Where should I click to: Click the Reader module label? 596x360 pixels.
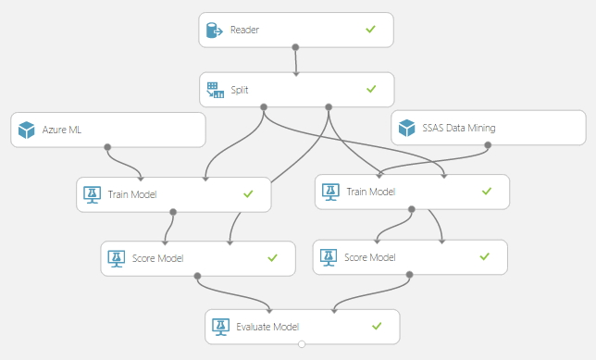[244, 30]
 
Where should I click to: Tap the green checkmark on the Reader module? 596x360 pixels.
[370, 30]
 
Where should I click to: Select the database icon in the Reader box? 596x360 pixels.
[216, 30]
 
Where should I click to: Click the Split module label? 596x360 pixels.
[240, 89]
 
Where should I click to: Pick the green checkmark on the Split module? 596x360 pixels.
[370, 89]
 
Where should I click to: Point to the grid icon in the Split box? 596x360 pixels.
[216, 89]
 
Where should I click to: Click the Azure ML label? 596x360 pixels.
[62, 130]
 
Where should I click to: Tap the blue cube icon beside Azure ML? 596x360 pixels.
[26, 130]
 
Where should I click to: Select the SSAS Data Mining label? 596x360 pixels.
[458, 128]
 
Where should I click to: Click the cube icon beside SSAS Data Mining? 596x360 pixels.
[407, 128]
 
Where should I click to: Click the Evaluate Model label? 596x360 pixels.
[269, 326]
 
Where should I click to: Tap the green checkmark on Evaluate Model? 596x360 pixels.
[377, 326]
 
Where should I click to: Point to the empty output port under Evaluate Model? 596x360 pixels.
[302, 344]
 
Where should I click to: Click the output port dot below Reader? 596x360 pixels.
[295, 46]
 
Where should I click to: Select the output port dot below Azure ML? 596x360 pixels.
[108, 147]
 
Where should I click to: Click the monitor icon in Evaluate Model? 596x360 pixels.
[220, 326]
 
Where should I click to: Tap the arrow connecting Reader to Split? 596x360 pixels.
[296, 61]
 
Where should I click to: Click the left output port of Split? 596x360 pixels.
[264, 106]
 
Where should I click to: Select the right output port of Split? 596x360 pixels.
[329, 106]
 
